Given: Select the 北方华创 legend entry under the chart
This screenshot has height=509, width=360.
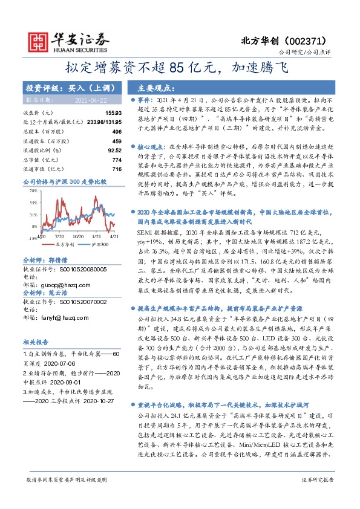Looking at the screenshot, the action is (64, 245).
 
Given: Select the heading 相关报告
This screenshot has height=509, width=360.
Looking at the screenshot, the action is (36, 341).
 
